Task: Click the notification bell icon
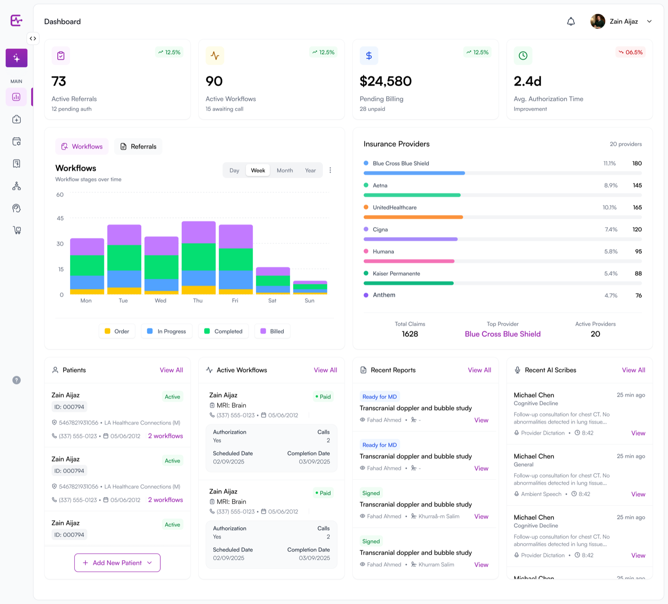(571, 21)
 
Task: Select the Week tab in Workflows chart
(258, 170)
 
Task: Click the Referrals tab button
(138, 147)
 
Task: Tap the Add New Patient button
(117, 563)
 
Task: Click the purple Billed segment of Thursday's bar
(199, 233)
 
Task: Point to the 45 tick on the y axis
(60, 218)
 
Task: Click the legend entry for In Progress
(167, 331)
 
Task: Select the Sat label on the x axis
(272, 301)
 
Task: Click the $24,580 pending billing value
(386, 81)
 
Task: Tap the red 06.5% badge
(630, 52)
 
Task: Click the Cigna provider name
(380, 230)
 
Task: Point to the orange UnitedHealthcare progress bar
(413, 217)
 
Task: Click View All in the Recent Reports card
(479, 370)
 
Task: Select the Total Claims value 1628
(410, 334)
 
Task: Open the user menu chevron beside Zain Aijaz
(649, 21)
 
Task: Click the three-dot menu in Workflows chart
(330, 170)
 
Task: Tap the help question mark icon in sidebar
(16, 380)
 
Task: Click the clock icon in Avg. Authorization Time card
(523, 56)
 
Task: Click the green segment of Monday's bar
(87, 265)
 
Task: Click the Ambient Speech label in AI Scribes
(541, 494)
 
